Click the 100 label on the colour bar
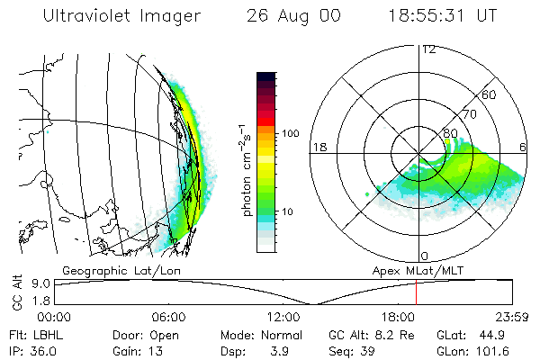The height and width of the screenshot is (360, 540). coord(290,133)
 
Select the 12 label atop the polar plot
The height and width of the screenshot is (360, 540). coord(428,49)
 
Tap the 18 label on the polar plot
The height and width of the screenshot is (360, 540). coord(319,146)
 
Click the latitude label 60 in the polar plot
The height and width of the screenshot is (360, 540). coord(489,94)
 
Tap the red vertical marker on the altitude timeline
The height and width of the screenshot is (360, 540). coord(417,292)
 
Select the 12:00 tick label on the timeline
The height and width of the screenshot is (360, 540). coord(283,316)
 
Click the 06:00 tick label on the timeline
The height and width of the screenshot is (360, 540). coord(169,316)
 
